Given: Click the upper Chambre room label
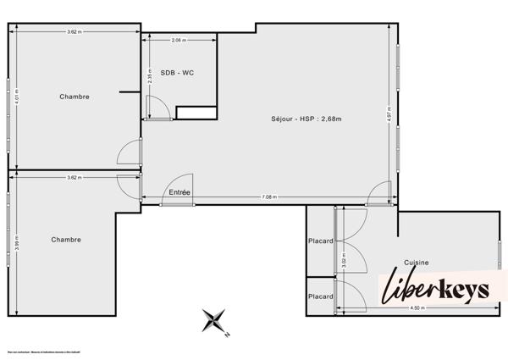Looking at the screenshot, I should [75, 97].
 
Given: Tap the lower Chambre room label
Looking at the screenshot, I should [66, 240].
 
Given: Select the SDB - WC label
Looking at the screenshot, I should [177, 73].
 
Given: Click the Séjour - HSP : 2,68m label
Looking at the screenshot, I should [306, 119].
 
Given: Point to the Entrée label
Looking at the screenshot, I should [179, 192].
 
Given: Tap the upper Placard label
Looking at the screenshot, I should [320, 241].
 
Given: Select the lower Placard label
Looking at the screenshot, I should [320, 296].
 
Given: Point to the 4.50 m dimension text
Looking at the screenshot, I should [416, 307].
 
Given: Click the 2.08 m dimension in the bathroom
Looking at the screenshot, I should [178, 40].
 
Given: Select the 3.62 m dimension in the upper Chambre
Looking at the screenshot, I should [75, 32].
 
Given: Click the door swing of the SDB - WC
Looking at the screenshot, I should [156, 108].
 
